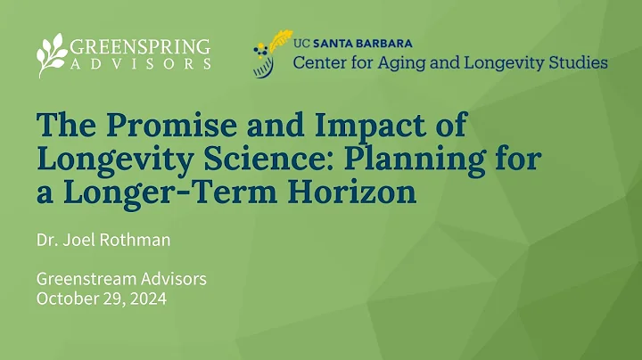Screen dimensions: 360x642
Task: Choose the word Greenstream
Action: pyautogui.click(x=89, y=279)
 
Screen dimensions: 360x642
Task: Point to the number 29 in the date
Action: pyautogui.click(x=113, y=299)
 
